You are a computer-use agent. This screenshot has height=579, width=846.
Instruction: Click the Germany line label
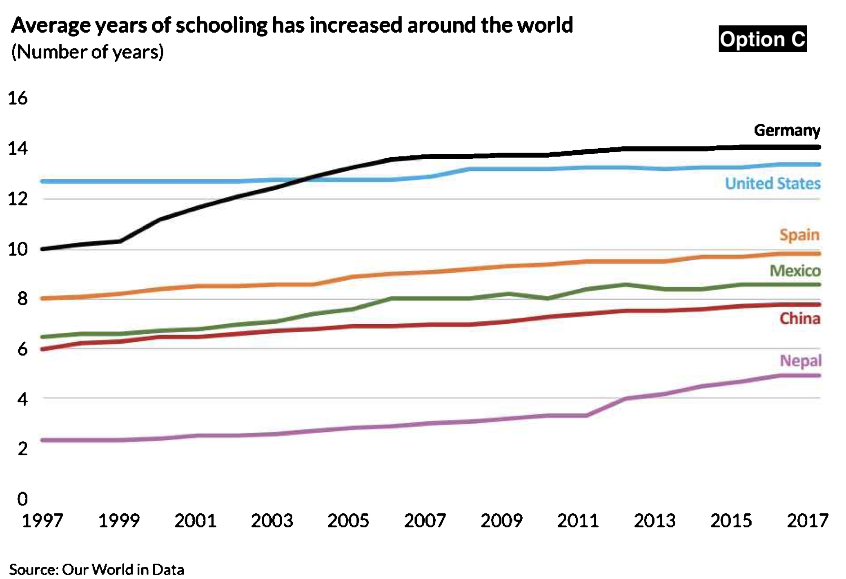click(787, 131)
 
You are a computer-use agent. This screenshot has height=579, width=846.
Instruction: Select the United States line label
click(773, 184)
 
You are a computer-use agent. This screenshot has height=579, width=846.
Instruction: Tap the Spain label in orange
click(799, 235)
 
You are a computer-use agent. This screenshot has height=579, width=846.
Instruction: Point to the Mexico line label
click(795, 271)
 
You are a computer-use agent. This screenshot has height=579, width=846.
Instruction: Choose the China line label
click(800, 318)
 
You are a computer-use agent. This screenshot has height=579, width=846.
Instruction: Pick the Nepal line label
click(800, 361)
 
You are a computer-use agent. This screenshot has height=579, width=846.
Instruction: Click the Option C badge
click(762, 39)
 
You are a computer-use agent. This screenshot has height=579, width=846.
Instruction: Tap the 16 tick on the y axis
click(18, 98)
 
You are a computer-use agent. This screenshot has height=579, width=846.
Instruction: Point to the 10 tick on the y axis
click(18, 249)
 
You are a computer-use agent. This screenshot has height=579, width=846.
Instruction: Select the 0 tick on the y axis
click(22, 499)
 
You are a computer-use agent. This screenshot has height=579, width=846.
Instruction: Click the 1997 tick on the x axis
click(42, 521)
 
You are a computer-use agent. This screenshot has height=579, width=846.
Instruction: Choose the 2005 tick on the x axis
click(348, 521)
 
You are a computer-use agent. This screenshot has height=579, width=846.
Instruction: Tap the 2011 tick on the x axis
click(578, 521)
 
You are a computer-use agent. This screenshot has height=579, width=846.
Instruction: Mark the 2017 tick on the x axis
click(807, 521)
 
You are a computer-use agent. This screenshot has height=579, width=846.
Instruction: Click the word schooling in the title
click(222, 26)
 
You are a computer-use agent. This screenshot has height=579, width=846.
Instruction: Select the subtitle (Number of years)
click(87, 52)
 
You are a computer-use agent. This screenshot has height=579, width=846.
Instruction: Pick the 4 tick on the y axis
click(22, 399)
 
